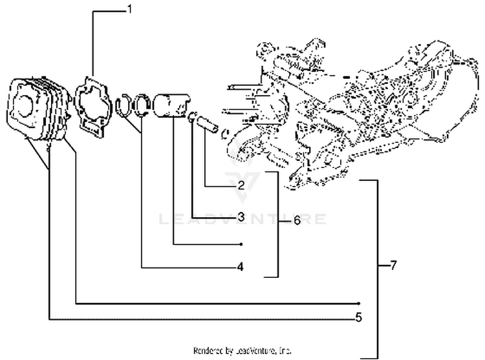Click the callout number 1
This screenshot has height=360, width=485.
[129, 10]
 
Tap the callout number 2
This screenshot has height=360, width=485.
[241, 185]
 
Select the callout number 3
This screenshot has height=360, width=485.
[241, 217]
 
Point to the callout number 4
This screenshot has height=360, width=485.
[241, 266]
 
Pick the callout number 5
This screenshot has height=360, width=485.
[358, 317]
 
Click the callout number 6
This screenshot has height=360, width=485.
[297, 220]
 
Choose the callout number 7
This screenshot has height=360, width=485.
[394, 266]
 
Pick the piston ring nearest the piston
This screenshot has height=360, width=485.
[143, 105]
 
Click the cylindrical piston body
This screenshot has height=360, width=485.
[173, 106]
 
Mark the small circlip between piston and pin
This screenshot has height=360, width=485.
[192, 118]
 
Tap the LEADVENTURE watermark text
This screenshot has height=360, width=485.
[242, 220]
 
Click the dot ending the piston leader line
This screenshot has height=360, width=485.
[241, 245]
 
